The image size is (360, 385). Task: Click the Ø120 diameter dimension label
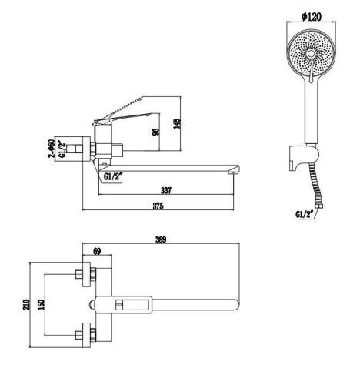point(312,17)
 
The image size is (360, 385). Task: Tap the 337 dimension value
point(166,190)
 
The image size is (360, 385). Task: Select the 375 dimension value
point(158,206)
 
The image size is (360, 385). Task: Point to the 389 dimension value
point(161,239)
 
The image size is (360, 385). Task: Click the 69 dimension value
point(97,251)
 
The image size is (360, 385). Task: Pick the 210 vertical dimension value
point(27,304)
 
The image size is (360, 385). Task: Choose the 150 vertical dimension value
point(41,304)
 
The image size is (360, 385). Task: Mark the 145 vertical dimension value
point(177,123)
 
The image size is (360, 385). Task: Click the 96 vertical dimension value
point(155,132)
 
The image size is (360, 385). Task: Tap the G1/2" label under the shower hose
point(305,214)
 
